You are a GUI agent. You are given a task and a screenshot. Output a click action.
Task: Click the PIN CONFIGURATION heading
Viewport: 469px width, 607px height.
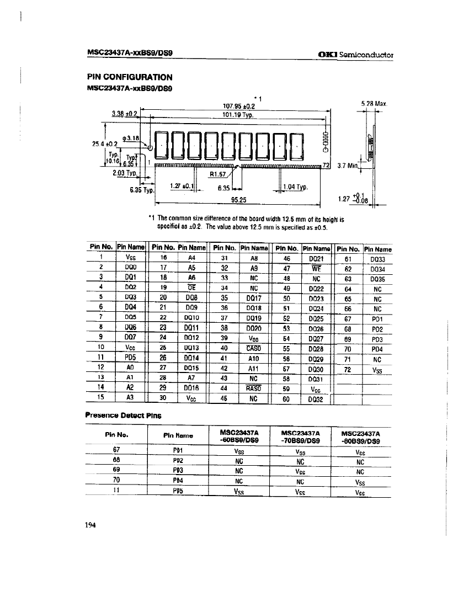pyautogui.click(x=129, y=77)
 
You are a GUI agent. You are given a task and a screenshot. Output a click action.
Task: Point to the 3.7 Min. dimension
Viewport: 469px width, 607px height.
pyautogui.click(x=347, y=164)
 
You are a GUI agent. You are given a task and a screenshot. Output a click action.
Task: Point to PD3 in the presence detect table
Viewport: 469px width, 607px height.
pyautogui.click(x=178, y=470)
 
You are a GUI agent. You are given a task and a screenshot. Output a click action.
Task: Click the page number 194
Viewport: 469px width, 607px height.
pyautogui.click(x=91, y=526)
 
